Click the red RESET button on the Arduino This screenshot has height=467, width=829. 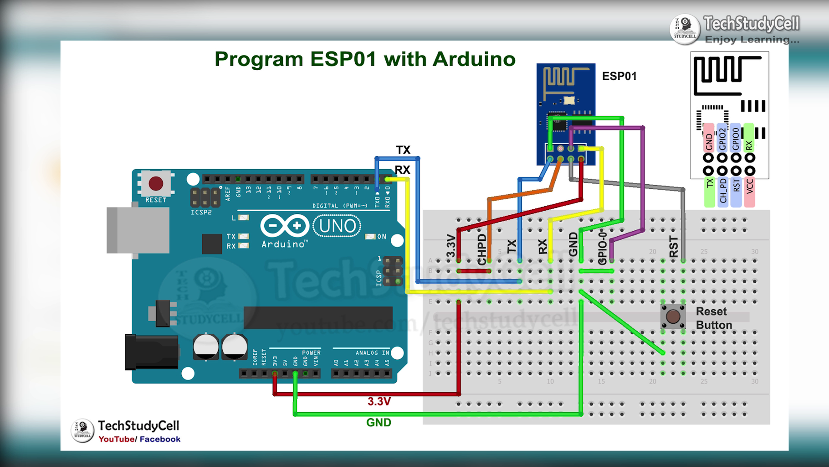pos(156,183)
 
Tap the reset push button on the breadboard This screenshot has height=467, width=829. pos(673,317)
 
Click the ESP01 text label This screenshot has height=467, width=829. pos(619,76)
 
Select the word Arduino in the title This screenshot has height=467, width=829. pos(474,59)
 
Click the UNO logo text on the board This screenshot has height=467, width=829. pos(337,226)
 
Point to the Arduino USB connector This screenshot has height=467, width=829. pos(137,230)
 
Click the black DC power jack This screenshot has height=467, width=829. pos(152,352)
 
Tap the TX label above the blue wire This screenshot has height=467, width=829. pos(403,150)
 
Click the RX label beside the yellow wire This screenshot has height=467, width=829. pos(402,170)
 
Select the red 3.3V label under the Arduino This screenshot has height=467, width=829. pos(379,401)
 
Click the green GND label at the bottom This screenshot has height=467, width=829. pos(379,422)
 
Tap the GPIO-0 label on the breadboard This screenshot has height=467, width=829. pos(602,247)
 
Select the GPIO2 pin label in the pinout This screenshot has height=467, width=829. pos(722,138)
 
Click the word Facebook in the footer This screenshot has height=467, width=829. pos(160,439)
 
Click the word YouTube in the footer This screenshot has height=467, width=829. pos(116,439)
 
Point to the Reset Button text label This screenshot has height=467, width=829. pos(714,318)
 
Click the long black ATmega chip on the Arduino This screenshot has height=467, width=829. pos(318,317)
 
